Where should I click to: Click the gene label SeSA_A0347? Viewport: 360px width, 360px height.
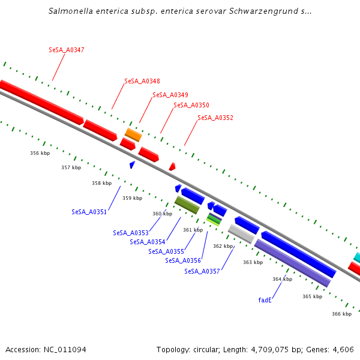point(66,50)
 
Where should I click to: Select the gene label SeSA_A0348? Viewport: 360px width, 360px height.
point(142,81)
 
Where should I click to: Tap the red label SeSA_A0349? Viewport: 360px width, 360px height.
point(170,95)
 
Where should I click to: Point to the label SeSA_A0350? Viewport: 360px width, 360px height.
point(191,105)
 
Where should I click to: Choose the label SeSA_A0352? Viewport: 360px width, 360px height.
point(215,118)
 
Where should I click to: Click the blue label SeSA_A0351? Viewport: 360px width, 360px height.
point(89,212)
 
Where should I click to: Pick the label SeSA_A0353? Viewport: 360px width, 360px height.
point(130,233)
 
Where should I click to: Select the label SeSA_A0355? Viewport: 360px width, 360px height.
point(166,251)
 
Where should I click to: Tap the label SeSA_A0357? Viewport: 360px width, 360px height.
point(202,271)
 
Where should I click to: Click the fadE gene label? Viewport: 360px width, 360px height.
point(265,299)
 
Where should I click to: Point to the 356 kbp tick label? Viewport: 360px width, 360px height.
point(40,153)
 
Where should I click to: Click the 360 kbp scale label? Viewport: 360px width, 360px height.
point(162,214)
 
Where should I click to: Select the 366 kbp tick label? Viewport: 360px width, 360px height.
point(341,314)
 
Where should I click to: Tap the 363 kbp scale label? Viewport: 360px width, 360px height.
point(253,262)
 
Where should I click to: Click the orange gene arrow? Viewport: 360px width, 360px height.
point(133,134)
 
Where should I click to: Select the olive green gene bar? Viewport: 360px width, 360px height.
point(187,205)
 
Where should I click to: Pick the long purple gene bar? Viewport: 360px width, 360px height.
point(293,263)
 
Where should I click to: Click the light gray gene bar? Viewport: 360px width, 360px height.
point(241,233)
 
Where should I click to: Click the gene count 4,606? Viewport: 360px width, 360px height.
point(343,349)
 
